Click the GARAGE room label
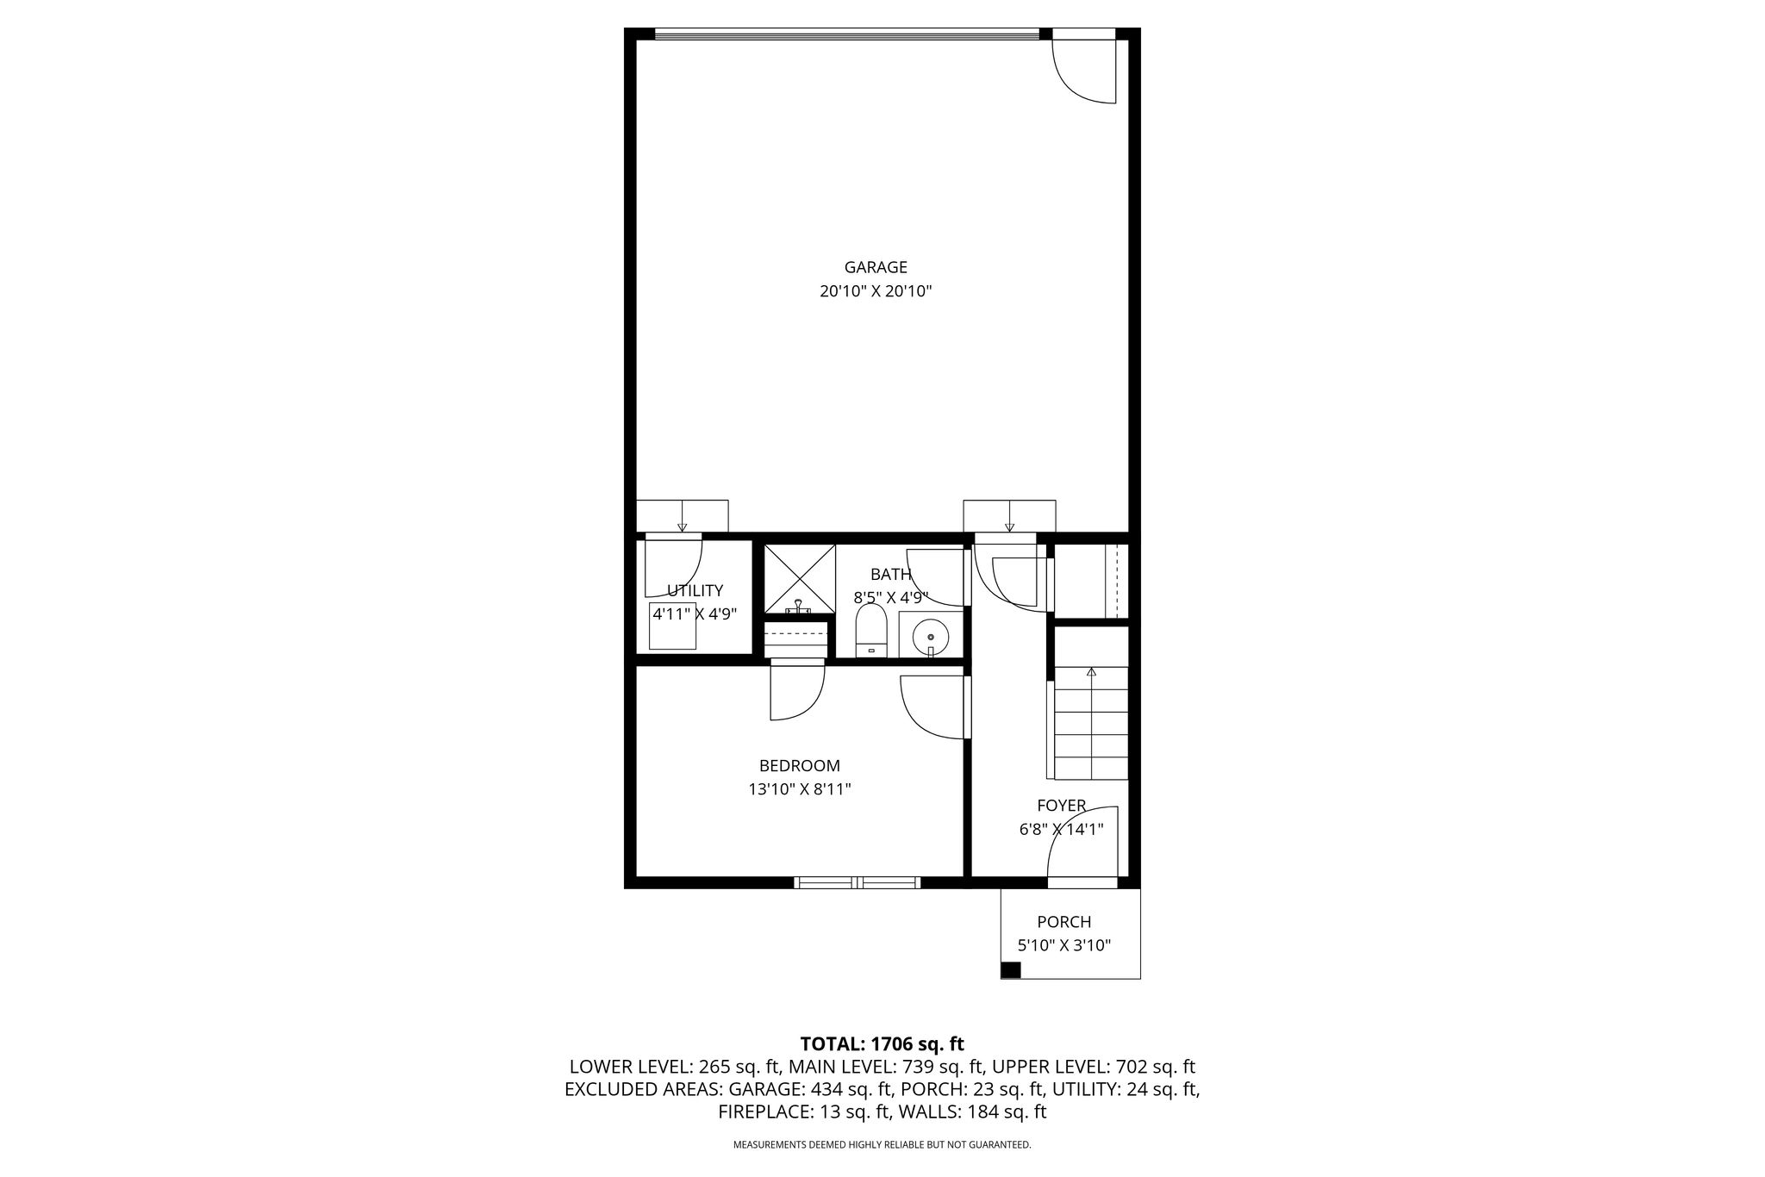876,267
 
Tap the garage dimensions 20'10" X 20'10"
876,291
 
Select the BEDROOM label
800,765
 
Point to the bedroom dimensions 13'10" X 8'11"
800,788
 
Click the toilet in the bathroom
871,630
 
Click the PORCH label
1064,922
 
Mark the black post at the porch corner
1011,969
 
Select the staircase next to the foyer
1091,724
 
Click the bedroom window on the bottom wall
857,882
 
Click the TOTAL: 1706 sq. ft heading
882,1044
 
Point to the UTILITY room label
695,590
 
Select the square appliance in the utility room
672,626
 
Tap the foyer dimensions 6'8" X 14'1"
1061,829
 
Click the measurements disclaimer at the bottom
882,1145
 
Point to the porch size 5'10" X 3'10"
1064,945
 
